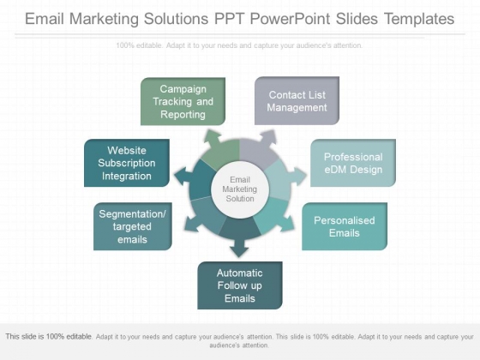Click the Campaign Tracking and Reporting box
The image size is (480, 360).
[x=183, y=101]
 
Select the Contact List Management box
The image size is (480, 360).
[x=297, y=101]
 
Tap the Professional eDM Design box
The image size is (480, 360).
[x=353, y=163]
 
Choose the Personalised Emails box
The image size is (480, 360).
[x=345, y=226]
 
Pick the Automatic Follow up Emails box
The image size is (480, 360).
[x=240, y=285]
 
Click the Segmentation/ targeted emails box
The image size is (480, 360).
[x=133, y=226]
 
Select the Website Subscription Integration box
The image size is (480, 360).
[x=127, y=163]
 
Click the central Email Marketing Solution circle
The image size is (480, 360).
[x=240, y=189]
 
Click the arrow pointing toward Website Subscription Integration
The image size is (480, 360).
[x=183, y=177]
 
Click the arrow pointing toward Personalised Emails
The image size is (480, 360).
[x=286, y=224]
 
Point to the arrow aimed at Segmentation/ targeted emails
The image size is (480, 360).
[x=193, y=224]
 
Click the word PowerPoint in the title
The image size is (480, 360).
[x=291, y=19]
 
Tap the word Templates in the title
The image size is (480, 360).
[x=419, y=19]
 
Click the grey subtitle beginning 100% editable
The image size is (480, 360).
[x=239, y=45]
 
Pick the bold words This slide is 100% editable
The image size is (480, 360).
[x=49, y=336]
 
